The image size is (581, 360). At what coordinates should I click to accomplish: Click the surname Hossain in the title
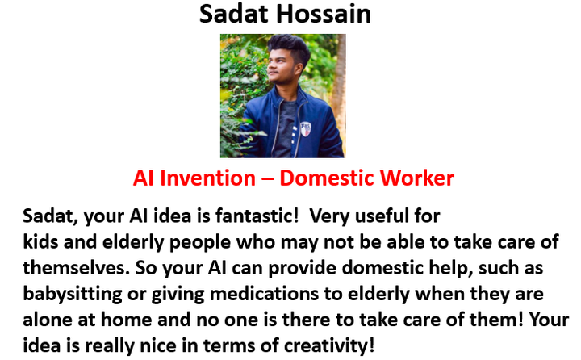click(324, 14)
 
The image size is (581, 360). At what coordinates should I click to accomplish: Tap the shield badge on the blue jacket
click(305, 129)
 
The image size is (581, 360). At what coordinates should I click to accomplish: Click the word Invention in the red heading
click(207, 178)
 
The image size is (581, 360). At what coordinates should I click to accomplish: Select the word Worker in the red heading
click(417, 178)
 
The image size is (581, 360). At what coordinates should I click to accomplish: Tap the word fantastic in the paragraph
click(257, 216)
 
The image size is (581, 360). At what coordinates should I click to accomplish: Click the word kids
click(40, 241)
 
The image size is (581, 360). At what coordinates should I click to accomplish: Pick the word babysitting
click(73, 295)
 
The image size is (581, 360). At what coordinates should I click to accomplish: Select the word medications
click(264, 294)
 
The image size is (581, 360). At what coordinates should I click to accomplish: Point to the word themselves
click(77, 268)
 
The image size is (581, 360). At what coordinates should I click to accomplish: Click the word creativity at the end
click(329, 346)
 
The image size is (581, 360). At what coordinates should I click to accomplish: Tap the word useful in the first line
click(382, 216)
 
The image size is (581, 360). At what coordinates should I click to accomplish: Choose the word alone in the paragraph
click(48, 320)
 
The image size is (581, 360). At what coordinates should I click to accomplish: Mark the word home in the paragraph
click(126, 320)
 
